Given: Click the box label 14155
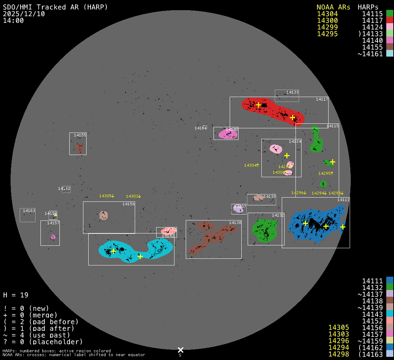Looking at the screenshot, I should [x=80, y=135].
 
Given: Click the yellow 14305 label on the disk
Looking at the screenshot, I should [x=106, y=196].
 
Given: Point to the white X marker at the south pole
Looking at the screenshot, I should [x=180, y=350].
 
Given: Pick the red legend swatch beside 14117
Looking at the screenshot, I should [x=389, y=20].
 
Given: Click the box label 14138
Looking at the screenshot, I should [x=235, y=223].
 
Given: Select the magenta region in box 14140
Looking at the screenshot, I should [x=227, y=134].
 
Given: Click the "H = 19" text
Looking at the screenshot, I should [x=15, y=295].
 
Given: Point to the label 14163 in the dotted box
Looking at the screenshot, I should [x=29, y=211].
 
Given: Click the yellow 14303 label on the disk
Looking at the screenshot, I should [x=132, y=196].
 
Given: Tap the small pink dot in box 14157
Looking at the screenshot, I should [x=53, y=237].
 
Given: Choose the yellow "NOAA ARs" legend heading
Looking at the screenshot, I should [x=333, y=7].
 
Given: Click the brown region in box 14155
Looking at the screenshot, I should [x=80, y=148].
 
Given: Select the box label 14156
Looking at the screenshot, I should [x=128, y=204].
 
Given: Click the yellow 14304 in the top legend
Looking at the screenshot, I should [x=327, y=14].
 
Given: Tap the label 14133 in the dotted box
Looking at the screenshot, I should [x=292, y=92].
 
